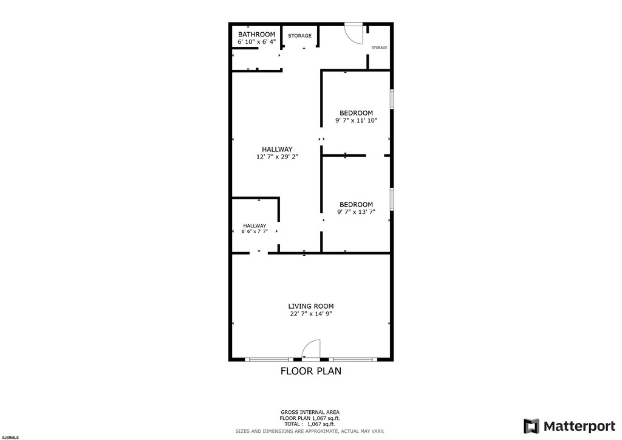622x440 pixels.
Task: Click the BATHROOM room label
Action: [256, 35]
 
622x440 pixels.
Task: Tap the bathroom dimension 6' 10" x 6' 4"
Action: [256, 42]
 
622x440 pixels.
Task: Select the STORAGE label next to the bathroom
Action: [299, 36]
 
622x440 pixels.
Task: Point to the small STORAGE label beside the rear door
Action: [379, 47]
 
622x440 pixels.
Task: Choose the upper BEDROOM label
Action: [356, 113]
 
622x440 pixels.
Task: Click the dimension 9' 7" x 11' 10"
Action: [356, 120]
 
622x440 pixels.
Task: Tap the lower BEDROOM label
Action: [356, 205]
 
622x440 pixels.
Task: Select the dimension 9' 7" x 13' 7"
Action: [356, 212]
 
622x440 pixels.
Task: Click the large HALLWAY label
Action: [277, 150]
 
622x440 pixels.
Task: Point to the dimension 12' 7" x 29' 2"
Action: [277, 157]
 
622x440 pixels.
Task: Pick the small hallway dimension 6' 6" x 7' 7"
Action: [255, 232]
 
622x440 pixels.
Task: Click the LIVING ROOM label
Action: [310, 306]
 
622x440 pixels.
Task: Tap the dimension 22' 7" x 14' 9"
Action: [310, 314]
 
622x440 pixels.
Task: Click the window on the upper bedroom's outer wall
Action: [392, 99]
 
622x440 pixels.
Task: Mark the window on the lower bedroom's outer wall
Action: [392, 199]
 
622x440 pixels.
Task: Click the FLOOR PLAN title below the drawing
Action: [310, 371]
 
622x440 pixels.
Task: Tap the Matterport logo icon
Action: [531, 426]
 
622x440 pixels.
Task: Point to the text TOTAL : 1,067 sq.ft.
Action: [310, 424]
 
